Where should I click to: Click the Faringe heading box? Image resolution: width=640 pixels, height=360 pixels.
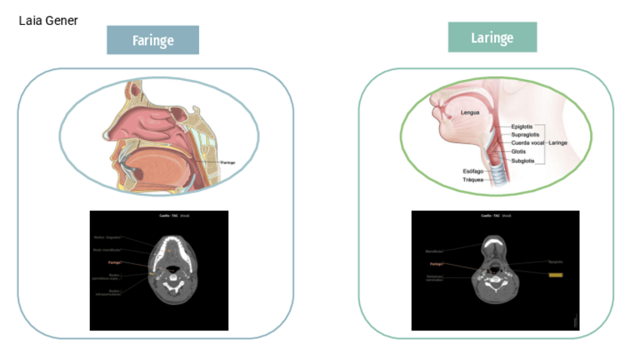coord(152,40)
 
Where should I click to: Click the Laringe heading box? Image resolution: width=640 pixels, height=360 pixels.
coord(492,37)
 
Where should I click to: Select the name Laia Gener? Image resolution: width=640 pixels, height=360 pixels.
coord(48,20)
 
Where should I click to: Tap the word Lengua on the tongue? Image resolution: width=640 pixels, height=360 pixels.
coord(470,113)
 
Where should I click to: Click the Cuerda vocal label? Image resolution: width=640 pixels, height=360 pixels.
coord(528,143)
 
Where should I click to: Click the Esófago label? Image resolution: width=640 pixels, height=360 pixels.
coord(473,171)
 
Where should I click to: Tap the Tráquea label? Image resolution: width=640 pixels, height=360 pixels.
coord(474,180)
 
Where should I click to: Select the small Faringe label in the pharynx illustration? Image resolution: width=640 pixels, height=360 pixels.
coord(228,162)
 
